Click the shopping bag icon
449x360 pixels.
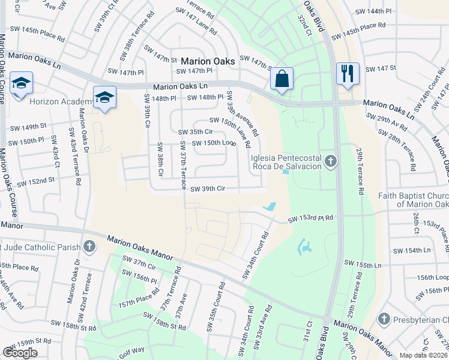[x=282, y=79]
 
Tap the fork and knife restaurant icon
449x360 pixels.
[x=348, y=74]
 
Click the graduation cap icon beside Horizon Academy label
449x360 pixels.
[x=104, y=98]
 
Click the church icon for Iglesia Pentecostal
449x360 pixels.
[x=330, y=161]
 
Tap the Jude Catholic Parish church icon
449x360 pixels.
[x=89, y=246]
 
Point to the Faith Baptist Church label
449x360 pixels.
[x=414, y=200]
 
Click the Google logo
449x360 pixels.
[x=20, y=352]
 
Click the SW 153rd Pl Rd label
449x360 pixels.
[x=310, y=220]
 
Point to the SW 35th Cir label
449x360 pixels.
[x=196, y=132]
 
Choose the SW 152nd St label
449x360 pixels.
[x=35, y=181]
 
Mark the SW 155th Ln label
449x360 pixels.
[x=363, y=265]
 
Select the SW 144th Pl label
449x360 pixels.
[x=373, y=11]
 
